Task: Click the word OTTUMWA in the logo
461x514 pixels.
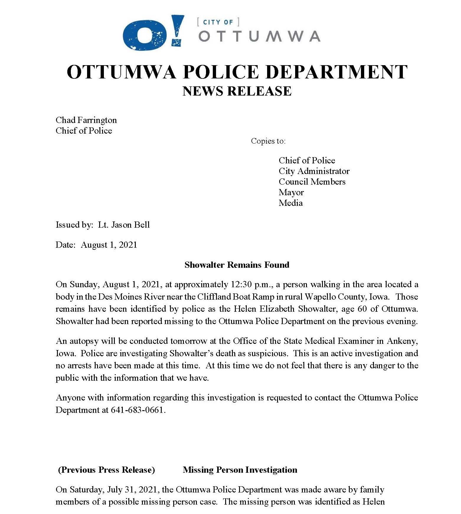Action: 259,36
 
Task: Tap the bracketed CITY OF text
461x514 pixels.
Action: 218,22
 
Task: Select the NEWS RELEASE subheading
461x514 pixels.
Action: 237,91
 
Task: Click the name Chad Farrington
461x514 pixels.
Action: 86,120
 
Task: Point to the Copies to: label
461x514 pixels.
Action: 268,141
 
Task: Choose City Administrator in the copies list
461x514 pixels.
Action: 314,171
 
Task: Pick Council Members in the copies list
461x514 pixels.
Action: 312,182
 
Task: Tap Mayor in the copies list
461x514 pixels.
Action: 291,192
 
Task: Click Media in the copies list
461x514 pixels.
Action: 291,203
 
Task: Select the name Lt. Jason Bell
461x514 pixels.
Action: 124,225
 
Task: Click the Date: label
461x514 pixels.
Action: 66,245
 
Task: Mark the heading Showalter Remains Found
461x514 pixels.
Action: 237,265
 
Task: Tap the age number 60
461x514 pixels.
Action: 362,309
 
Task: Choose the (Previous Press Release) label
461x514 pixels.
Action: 107,470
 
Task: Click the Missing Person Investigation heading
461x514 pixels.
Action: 240,470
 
